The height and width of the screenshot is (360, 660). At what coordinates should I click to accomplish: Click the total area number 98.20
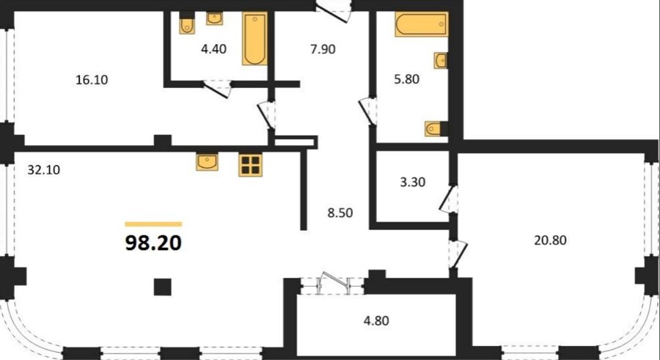[x=154, y=243]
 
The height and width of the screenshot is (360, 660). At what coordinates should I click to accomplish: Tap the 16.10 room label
[x=92, y=80]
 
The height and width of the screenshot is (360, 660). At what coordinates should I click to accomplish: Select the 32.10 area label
[x=44, y=170]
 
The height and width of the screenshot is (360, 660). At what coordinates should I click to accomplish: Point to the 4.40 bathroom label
[x=214, y=49]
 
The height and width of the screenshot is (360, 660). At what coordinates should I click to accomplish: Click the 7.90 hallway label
[x=323, y=49]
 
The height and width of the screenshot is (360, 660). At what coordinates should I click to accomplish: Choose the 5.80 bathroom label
[x=406, y=79]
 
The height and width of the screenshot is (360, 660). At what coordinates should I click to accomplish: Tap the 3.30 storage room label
[x=412, y=183]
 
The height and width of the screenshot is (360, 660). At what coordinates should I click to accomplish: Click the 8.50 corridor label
[x=340, y=213]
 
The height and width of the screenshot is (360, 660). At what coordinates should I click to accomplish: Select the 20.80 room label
[x=551, y=240]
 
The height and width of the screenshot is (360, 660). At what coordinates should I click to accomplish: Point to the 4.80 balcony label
[x=376, y=321]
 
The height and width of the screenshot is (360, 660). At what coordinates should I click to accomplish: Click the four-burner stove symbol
[x=251, y=165]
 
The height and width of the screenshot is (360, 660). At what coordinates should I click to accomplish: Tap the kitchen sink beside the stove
[x=207, y=162]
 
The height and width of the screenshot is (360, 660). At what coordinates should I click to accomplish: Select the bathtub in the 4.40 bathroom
[x=254, y=39]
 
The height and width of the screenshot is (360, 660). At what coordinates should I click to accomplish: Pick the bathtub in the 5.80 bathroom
[x=422, y=24]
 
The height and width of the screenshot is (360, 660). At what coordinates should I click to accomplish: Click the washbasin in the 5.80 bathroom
[x=440, y=61]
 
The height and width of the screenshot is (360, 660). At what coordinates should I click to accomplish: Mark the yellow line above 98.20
[x=154, y=224]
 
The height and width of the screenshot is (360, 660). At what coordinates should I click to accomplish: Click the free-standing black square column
[x=163, y=287]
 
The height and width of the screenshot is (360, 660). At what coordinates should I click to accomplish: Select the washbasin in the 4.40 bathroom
[x=215, y=18]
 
